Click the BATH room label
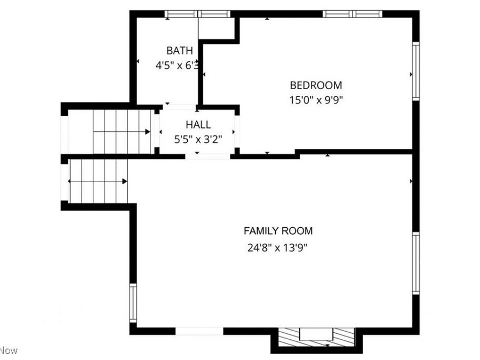(x=179, y=51)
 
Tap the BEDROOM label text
(x=316, y=85)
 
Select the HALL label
(x=198, y=125)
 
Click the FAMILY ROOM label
(x=278, y=231)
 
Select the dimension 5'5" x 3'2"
(x=198, y=139)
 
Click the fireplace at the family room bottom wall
(x=316, y=337)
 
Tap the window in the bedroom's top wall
(x=353, y=14)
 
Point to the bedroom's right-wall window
(x=415, y=71)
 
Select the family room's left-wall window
(x=133, y=303)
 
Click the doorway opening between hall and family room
(x=208, y=157)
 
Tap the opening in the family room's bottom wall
(x=199, y=331)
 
